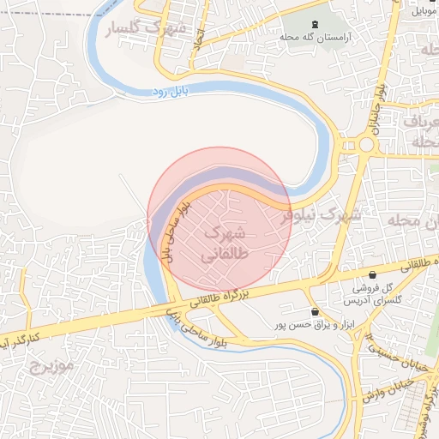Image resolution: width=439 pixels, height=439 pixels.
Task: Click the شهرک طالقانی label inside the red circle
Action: (226, 244)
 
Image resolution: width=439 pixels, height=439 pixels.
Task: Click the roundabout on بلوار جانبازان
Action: (366, 145)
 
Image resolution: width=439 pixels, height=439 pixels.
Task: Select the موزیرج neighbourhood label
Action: (53, 366)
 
